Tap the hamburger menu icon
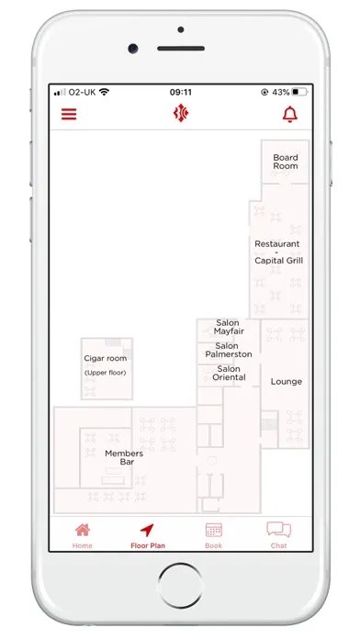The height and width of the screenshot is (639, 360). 69,114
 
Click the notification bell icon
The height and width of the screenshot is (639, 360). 290,114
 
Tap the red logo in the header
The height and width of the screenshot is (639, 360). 181,113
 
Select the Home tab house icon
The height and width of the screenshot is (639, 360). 83,530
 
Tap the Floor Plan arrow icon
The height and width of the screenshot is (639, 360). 147,530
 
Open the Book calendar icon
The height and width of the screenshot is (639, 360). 214,530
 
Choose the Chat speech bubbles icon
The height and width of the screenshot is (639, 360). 279,530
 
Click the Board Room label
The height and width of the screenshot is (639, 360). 286,162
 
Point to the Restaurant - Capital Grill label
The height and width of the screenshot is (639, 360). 279,252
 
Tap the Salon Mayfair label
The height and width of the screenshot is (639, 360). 229,327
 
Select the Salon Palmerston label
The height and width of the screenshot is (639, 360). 229,350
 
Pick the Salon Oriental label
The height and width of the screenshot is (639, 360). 229,373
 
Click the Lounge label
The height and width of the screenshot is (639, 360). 287,382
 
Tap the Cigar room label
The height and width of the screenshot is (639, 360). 106,359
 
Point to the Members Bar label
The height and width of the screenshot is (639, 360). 124,457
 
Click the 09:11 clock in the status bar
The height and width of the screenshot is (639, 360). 181,92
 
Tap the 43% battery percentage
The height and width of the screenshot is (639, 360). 280,92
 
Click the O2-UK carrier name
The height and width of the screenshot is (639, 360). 82,92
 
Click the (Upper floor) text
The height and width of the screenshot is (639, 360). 106,373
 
